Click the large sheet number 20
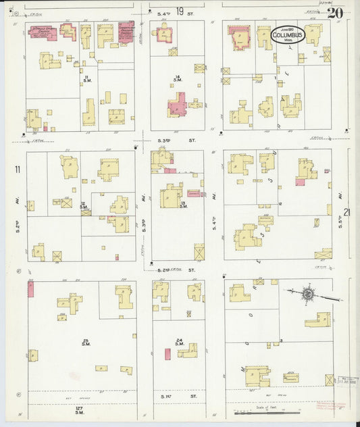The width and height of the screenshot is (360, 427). point(335,13)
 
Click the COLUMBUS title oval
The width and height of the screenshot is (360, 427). point(288,34)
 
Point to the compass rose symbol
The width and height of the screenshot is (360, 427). point(308,294)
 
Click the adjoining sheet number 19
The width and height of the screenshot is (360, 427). point(180,11)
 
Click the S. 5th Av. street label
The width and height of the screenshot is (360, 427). point(340,220)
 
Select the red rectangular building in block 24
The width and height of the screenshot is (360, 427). point(168,354)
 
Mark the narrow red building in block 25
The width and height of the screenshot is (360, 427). point(30,290)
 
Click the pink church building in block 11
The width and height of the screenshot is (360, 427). point(43,32)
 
